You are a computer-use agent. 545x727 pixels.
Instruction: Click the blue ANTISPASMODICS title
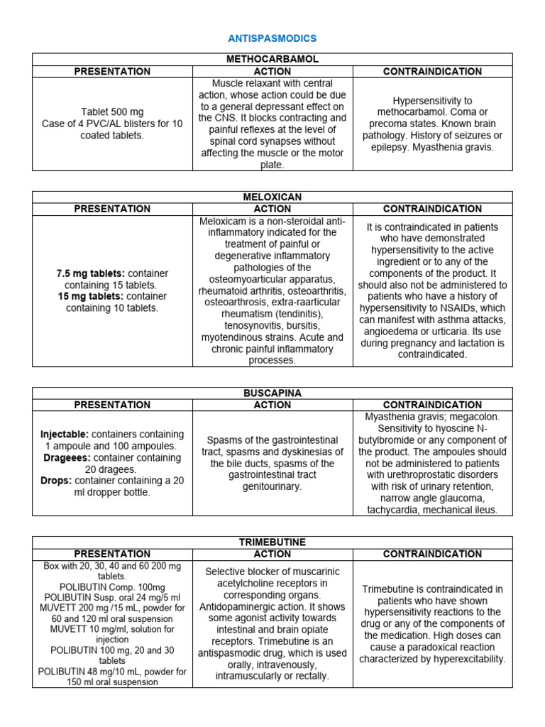[x=272, y=38]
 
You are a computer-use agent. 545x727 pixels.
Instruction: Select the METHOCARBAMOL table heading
[x=272, y=60]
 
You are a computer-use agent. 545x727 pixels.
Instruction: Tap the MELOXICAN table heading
[x=272, y=197]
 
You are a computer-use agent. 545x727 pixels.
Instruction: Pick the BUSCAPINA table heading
[x=272, y=393]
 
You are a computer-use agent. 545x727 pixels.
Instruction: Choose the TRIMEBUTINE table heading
[x=272, y=542]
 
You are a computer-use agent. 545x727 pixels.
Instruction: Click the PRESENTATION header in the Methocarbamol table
[x=112, y=72]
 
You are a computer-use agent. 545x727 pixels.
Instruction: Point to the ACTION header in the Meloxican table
[x=272, y=209]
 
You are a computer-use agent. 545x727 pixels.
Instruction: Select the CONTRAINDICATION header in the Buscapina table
[x=432, y=405]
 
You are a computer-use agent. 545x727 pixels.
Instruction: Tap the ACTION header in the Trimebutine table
[x=272, y=554]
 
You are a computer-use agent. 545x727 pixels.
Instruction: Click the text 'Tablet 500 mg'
[x=112, y=112]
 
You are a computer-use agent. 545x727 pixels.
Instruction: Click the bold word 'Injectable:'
[x=65, y=434]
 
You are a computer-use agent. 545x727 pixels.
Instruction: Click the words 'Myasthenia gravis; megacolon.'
[x=432, y=417]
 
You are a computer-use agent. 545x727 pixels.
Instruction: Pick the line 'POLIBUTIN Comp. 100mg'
[x=112, y=587]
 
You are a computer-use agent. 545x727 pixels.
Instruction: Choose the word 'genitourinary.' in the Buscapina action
[x=272, y=486]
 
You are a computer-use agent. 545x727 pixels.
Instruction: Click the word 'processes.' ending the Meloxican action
[x=272, y=361]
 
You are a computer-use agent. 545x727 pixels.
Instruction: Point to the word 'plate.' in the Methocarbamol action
[x=272, y=165]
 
